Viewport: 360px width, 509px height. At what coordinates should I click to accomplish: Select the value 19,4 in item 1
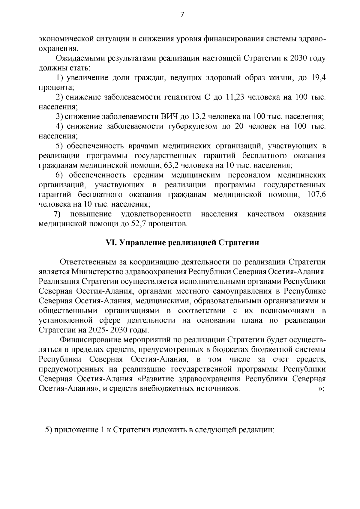(319, 78)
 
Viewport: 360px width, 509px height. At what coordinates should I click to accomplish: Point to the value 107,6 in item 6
(317, 195)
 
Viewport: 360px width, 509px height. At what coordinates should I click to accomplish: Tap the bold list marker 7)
(57, 214)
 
